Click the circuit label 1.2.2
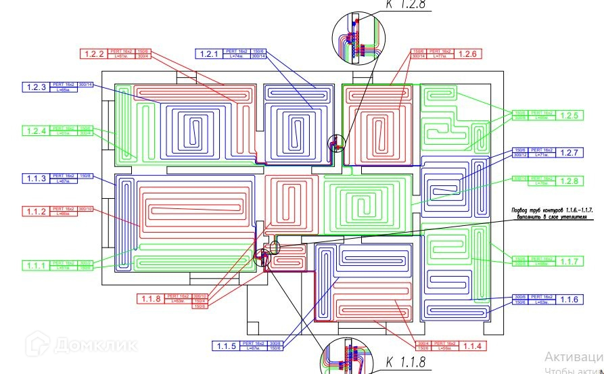93,53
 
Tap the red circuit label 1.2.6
468,53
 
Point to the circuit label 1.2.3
36,87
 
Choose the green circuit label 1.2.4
36,130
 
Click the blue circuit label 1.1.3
36,179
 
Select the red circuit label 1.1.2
36,211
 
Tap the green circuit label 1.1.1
36,265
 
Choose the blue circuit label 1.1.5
226,346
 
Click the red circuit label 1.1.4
472,346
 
